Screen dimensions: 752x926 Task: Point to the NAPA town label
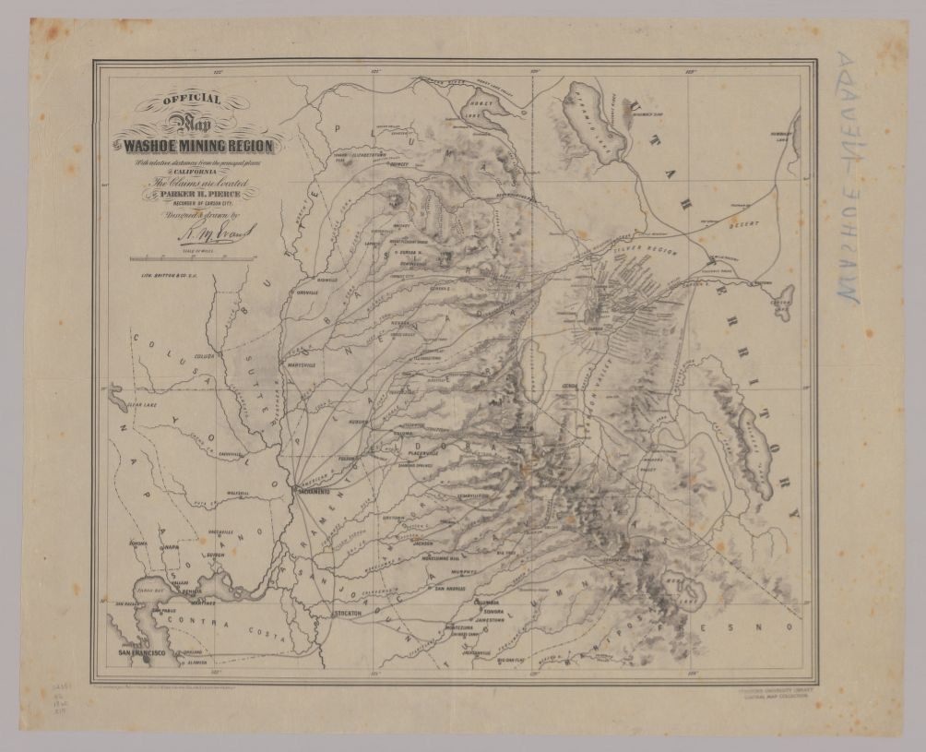pyautogui.click(x=171, y=547)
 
